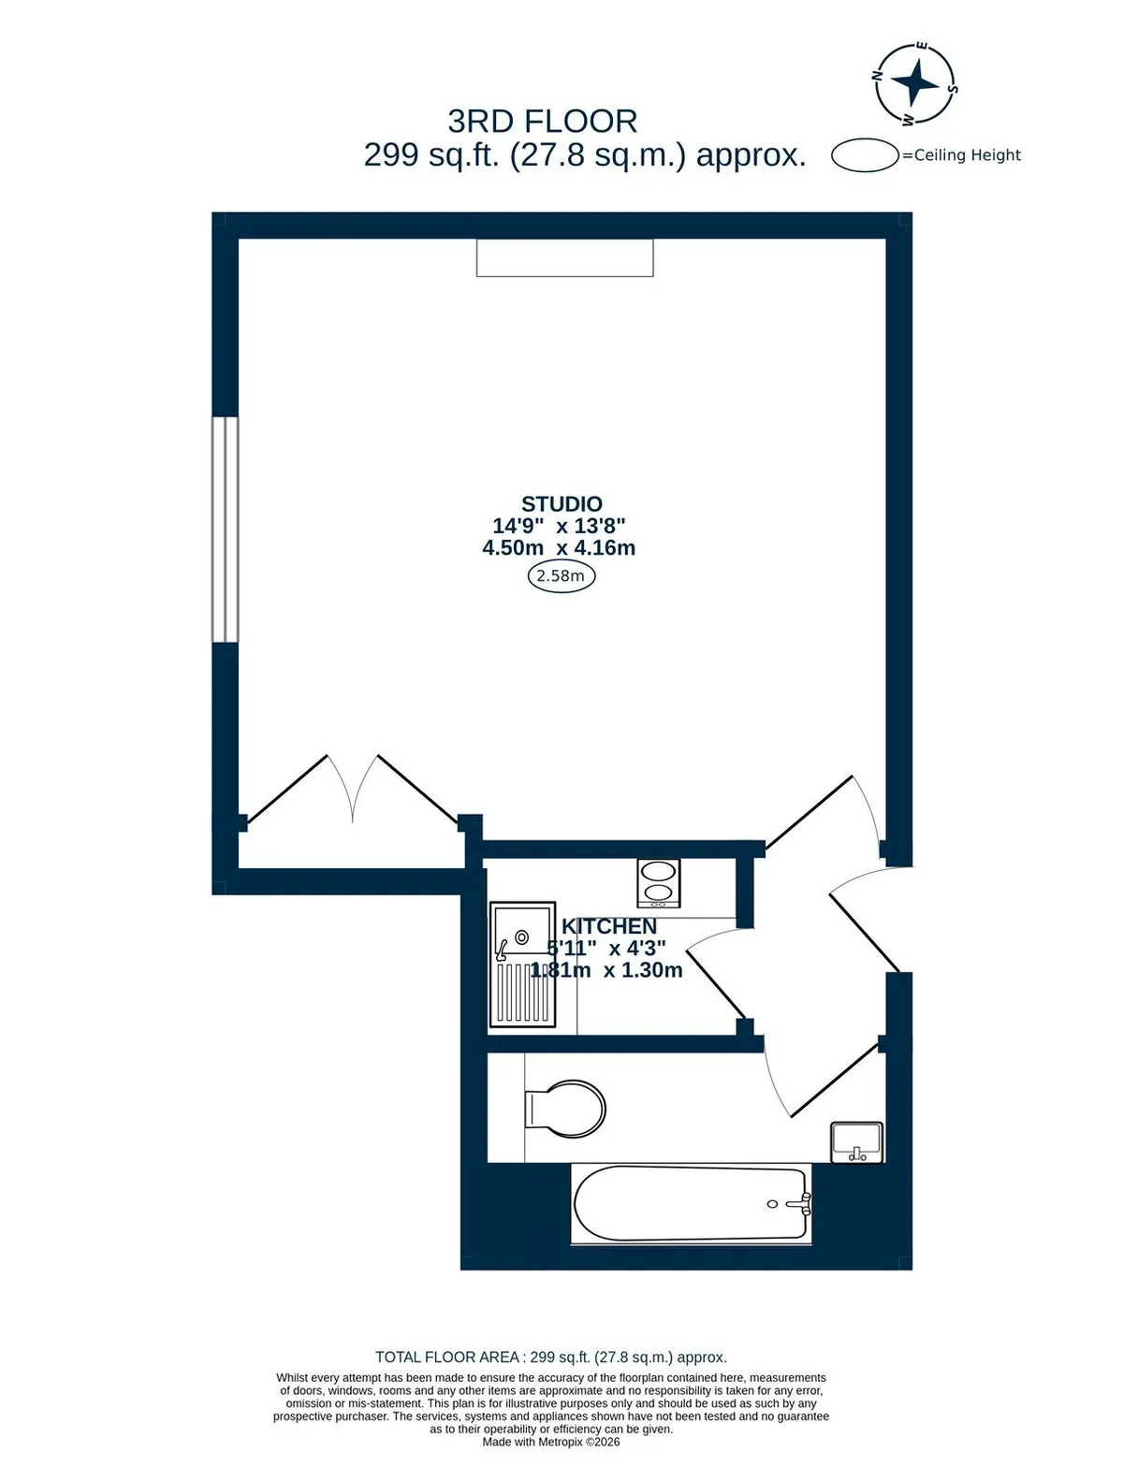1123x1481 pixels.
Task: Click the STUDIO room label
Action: pyautogui.click(x=561, y=504)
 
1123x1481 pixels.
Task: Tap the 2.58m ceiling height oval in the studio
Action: pyautogui.click(x=561, y=576)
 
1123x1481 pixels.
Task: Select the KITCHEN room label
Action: pyautogui.click(x=608, y=926)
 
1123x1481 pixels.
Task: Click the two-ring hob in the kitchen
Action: pyautogui.click(x=658, y=883)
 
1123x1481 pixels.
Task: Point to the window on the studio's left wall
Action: pyautogui.click(x=225, y=530)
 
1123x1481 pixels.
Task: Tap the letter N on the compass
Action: pyautogui.click(x=878, y=75)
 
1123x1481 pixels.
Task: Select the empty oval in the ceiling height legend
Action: pyautogui.click(x=866, y=154)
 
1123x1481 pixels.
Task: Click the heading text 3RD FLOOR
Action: pyautogui.click(x=543, y=123)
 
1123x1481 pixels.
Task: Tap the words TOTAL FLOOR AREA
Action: pyautogui.click(x=446, y=1357)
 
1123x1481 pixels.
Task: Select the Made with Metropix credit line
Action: pyautogui.click(x=550, y=1442)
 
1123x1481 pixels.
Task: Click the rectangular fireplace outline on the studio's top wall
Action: pyautogui.click(x=565, y=257)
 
